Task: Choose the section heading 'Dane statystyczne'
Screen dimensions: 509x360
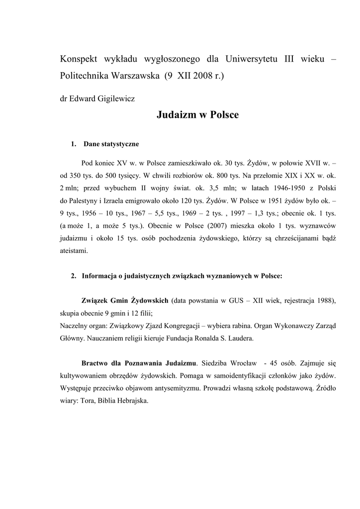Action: point(111,144)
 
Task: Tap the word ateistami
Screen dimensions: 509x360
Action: point(74,251)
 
